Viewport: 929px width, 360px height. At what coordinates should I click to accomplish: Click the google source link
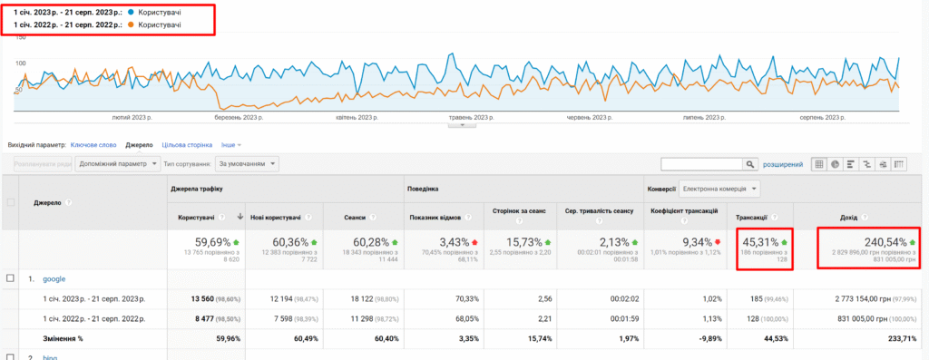pyautogui.click(x=55, y=278)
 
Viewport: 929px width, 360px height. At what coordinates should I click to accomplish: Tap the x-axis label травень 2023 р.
pyautogui.click(x=475, y=118)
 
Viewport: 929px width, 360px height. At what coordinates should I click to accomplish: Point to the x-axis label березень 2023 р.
pyautogui.click(x=240, y=118)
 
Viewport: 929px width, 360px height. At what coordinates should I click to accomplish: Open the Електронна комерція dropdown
pyautogui.click(x=719, y=189)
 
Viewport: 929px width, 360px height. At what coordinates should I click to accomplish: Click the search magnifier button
pyautogui.click(x=749, y=164)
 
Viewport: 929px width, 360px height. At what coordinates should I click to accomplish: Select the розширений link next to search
pyautogui.click(x=782, y=164)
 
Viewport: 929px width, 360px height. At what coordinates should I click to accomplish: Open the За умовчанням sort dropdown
pyautogui.click(x=246, y=164)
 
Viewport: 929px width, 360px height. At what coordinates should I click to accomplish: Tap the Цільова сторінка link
pyautogui.click(x=186, y=144)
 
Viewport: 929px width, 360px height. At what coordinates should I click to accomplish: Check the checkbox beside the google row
pyautogui.click(x=10, y=278)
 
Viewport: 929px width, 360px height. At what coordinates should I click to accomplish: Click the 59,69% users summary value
pyautogui.click(x=214, y=242)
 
